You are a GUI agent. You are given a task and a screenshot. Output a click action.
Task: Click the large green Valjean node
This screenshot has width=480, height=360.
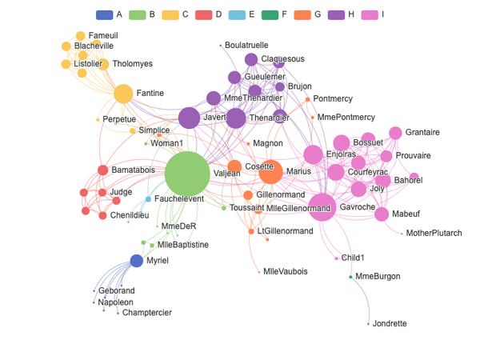coord(187,174)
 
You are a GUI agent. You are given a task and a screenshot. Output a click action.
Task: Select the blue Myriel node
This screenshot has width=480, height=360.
coord(137,261)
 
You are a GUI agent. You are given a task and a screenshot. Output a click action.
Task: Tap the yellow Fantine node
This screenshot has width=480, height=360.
coord(123,94)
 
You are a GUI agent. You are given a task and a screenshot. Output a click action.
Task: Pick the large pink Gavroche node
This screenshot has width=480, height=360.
coord(322,207)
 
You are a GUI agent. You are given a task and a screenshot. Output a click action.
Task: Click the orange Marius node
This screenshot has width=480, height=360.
coord(270,172)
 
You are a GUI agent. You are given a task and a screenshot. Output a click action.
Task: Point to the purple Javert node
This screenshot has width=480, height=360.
coord(189,118)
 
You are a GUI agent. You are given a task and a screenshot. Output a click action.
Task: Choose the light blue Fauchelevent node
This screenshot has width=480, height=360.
coord(148,199)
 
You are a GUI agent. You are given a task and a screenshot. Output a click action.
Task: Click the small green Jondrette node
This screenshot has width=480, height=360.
coord(368,324)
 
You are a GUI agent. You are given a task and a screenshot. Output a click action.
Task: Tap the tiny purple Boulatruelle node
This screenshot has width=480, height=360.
coord(221,46)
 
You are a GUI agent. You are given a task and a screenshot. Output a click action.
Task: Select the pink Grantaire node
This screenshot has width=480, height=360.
coord(395,133)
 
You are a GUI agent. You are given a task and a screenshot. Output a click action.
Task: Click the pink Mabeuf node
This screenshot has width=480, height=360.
coord(382,214)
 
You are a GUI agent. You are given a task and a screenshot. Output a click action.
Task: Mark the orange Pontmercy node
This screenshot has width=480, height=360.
coord(308,99)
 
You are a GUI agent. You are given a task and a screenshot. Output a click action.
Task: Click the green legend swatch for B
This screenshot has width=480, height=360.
coord(137,14)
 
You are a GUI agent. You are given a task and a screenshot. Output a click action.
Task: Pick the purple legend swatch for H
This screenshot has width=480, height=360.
coord(336,14)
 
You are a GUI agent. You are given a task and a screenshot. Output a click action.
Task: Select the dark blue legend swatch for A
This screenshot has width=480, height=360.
coord(104,14)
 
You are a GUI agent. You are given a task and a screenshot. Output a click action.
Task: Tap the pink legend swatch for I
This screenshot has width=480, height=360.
coord(370,14)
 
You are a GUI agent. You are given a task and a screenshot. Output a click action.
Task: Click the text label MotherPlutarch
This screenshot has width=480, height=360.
coord(434,234)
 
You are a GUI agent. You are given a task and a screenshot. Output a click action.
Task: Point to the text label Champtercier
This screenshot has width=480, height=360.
coord(147,313)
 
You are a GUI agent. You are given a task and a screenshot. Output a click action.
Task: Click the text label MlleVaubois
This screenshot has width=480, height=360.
coord(286,271)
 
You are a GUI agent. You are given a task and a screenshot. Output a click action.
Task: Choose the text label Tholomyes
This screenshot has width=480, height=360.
coord(132,64)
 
